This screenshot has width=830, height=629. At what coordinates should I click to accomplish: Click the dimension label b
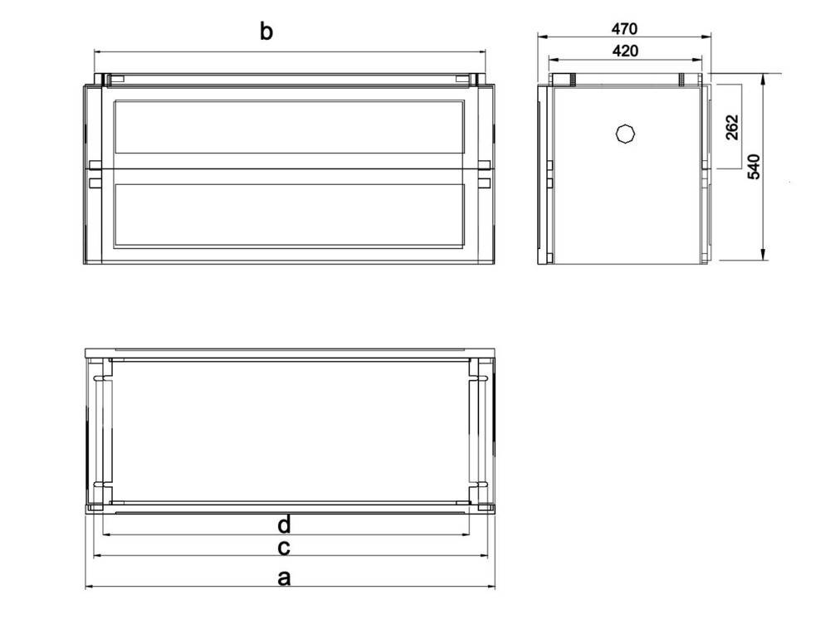[266, 32]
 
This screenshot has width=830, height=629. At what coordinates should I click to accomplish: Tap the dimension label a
[284, 578]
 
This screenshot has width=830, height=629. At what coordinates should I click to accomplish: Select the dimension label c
[284, 548]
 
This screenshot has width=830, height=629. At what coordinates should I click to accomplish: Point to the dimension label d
[284, 524]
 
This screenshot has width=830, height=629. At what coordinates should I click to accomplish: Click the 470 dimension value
[625, 28]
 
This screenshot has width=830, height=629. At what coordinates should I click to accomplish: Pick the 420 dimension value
[625, 51]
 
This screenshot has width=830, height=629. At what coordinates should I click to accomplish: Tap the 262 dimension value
[732, 127]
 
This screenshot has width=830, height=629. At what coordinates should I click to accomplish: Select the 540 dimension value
[754, 167]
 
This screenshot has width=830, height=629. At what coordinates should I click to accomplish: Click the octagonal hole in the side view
[626, 134]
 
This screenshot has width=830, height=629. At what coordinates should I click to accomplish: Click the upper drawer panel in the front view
[290, 127]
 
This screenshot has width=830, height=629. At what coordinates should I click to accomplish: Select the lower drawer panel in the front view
[290, 215]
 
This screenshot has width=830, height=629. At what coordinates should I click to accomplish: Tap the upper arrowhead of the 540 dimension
[764, 80]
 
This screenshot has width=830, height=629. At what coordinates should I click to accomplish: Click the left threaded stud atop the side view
[573, 80]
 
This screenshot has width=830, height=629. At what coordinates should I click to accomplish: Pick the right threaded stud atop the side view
[682, 80]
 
